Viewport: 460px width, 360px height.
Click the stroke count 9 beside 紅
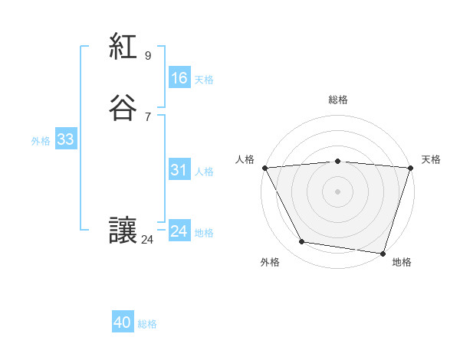pyautogui.click(x=148, y=56)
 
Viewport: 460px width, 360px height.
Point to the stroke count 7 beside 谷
pyautogui.click(x=148, y=116)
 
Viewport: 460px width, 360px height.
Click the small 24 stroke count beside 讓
pyautogui.click(x=148, y=240)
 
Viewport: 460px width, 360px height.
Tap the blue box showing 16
pyautogui.click(x=179, y=78)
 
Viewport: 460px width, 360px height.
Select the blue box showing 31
pyautogui.click(x=179, y=171)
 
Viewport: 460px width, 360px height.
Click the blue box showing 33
pyautogui.click(x=65, y=139)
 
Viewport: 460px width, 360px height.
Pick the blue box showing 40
pyautogui.click(x=123, y=323)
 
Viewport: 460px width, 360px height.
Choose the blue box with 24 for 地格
pyautogui.click(x=179, y=231)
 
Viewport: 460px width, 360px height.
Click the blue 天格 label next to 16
pyautogui.click(x=204, y=80)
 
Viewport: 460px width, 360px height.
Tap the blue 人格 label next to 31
pyautogui.click(x=204, y=172)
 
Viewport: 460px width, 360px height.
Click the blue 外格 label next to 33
pyautogui.click(x=41, y=141)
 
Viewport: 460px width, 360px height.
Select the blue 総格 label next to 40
pyautogui.click(x=147, y=324)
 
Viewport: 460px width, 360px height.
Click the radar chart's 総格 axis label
pyautogui.click(x=337, y=100)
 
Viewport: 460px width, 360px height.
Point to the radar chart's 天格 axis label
pyautogui.click(x=431, y=159)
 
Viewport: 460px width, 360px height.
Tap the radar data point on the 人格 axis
pyautogui.click(x=264, y=168)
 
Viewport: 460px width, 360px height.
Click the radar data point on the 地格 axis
pyautogui.click(x=383, y=253)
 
